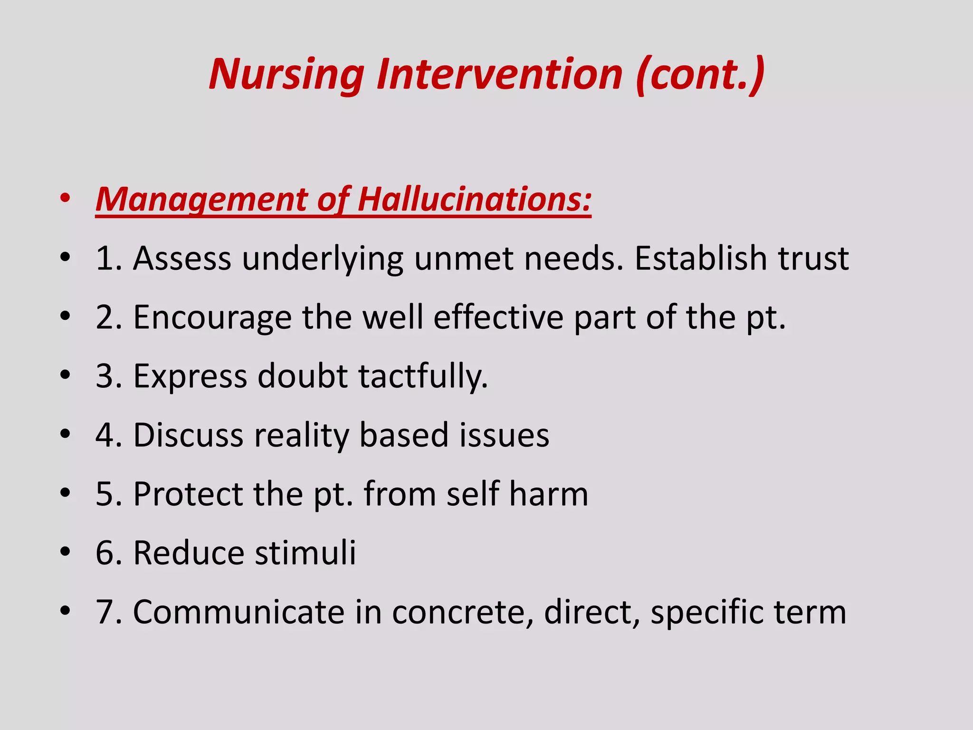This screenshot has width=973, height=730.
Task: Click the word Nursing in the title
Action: click(286, 75)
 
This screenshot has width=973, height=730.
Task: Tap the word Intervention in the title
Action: click(499, 75)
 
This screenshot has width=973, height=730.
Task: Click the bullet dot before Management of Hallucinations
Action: click(66, 199)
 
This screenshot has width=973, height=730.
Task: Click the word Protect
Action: click(188, 494)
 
